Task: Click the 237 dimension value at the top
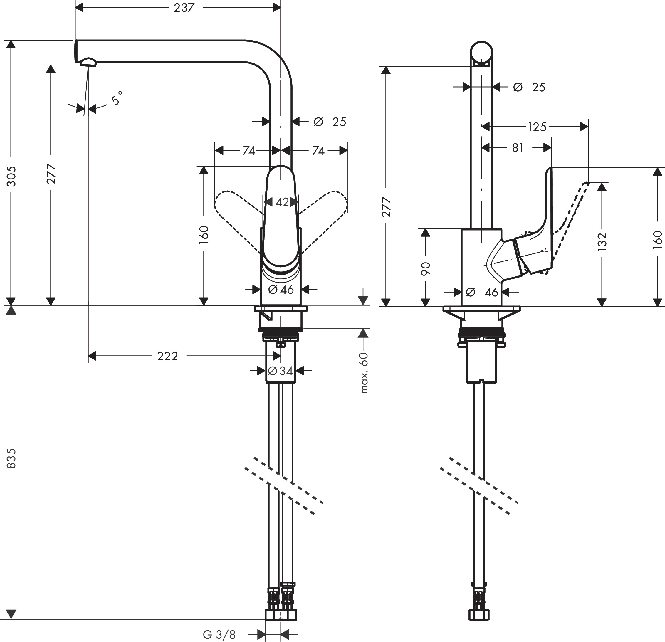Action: [184, 7]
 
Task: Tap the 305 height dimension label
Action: [11, 176]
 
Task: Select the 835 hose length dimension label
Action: [11, 458]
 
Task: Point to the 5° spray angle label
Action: [116, 98]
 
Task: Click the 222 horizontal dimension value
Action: [168, 356]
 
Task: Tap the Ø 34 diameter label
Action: [281, 371]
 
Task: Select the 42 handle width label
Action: [282, 202]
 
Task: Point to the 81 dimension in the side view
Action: [518, 148]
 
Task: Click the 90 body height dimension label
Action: [425, 268]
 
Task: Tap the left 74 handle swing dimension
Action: [248, 151]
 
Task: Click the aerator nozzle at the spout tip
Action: [88, 62]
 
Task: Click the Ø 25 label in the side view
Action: [529, 88]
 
